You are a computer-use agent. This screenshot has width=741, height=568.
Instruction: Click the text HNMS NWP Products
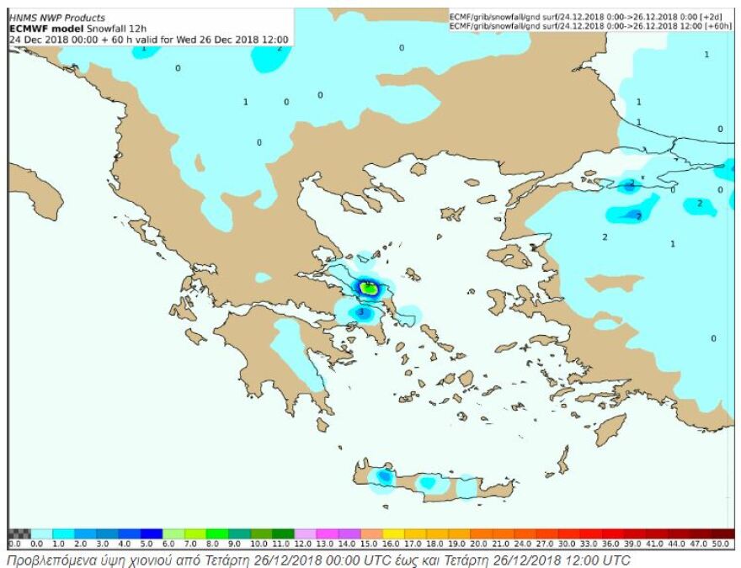pyautogui.click(x=57, y=18)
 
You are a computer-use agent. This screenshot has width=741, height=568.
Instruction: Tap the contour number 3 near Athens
pyautogui.click(x=361, y=313)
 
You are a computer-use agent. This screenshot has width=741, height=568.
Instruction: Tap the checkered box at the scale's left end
pyautogui.click(x=19, y=533)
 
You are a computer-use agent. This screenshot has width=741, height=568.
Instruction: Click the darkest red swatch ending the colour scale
pyautogui.click(x=722, y=533)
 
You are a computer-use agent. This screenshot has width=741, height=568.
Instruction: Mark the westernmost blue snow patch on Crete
pyautogui.click(x=383, y=477)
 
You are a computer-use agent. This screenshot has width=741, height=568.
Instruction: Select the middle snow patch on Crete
pyautogui.click(x=429, y=484)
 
